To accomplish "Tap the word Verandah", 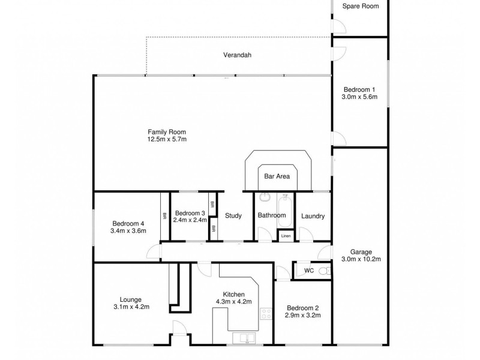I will click(x=238, y=55).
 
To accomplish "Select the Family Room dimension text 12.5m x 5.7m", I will click(x=167, y=140).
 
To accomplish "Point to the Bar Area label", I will click(x=277, y=176).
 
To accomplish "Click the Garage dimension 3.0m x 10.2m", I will click(x=362, y=260).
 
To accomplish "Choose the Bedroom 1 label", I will click(x=359, y=89).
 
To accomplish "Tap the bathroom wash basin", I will click(x=264, y=197).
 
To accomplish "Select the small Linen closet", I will click(x=286, y=236).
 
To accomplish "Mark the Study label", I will click(x=233, y=216).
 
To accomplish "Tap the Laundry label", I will click(x=313, y=216).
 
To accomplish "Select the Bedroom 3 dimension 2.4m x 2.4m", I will click(x=190, y=220).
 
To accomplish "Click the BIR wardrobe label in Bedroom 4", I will click(x=164, y=216).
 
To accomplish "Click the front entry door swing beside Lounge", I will click(x=179, y=329).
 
